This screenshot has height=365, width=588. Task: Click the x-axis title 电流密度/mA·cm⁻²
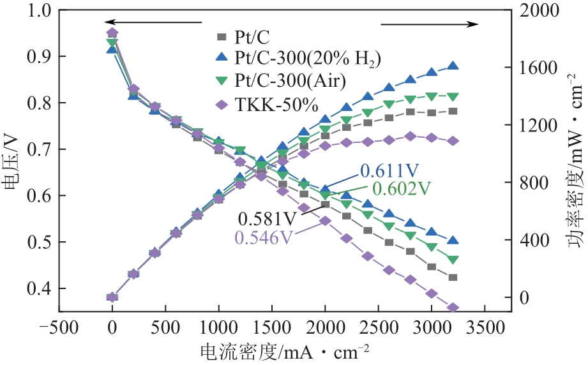point(285,352)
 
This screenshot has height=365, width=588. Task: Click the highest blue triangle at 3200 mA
point(453,66)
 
